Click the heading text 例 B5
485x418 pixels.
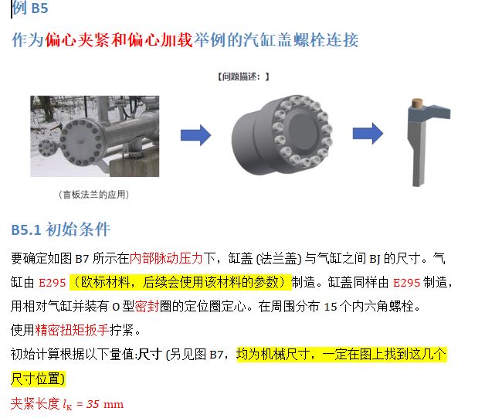pos(30,8)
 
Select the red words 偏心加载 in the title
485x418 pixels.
pos(160,40)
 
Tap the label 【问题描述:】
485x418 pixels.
pos(243,76)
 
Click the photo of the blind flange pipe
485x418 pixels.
pos(95,136)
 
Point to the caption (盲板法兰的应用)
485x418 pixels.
pos(93,195)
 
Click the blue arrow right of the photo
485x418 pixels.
pos(196,135)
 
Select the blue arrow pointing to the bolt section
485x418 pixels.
pos(368,134)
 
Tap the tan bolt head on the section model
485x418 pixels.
pos(418,102)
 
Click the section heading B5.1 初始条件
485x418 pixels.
pos(60,229)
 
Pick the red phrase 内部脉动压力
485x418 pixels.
pos(166,258)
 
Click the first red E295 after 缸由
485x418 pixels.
pos(53,283)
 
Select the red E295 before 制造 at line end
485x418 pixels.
pos(406,283)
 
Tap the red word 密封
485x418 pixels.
pos(147,307)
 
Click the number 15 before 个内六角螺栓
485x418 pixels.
pos(331,307)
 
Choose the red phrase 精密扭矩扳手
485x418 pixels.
pos(73,331)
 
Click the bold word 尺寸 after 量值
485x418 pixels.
pos(150,355)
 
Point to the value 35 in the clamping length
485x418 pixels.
pos(93,404)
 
